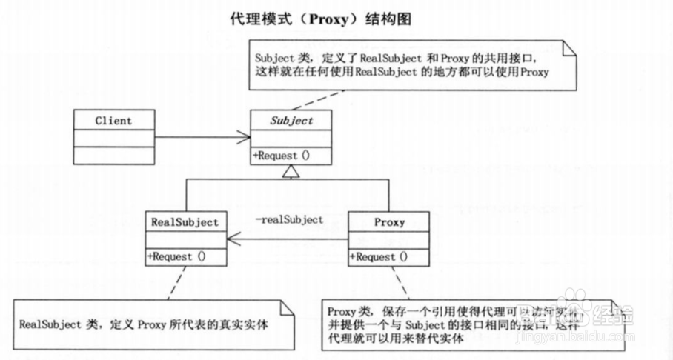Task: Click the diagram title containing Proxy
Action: pos(321,19)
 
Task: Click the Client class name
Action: pos(113,120)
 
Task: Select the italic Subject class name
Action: pos(291,120)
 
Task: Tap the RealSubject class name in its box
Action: pos(185,221)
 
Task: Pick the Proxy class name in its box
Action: pos(388,221)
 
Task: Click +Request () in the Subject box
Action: pos(282,156)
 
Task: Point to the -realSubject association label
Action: pos(289,219)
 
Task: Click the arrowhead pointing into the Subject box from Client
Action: pos(245,137)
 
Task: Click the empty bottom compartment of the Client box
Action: pos(113,155)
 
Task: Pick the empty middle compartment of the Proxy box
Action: pos(388,239)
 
